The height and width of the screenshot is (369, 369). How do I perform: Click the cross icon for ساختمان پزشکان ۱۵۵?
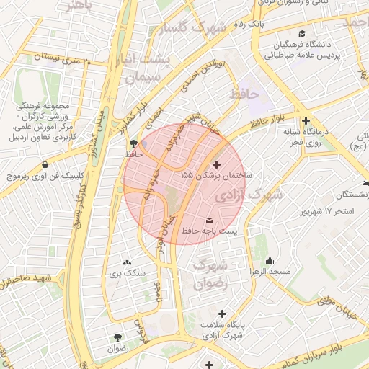click(x=218, y=164)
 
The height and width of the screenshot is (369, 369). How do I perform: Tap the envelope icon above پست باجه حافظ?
click(x=210, y=219)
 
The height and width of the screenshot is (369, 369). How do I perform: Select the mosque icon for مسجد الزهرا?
click(x=270, y=260)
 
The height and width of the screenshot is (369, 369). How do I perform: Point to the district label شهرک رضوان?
click(x=210, y=273)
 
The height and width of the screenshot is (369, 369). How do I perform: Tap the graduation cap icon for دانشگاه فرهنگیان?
click(x=301, y=33)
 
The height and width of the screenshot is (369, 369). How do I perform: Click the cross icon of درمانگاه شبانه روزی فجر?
click(x=306, y=121)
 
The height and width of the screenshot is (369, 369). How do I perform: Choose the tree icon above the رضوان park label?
click(x=117, y=337)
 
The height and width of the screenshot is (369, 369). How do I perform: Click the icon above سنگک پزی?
click(x=127, y=262)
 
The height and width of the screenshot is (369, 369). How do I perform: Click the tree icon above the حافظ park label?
click(x=130, y=143)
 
